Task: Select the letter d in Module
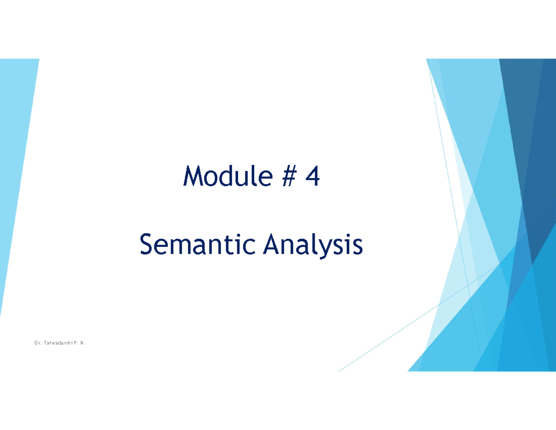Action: [223, 177]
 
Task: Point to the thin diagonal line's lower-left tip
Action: [340, 371]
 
